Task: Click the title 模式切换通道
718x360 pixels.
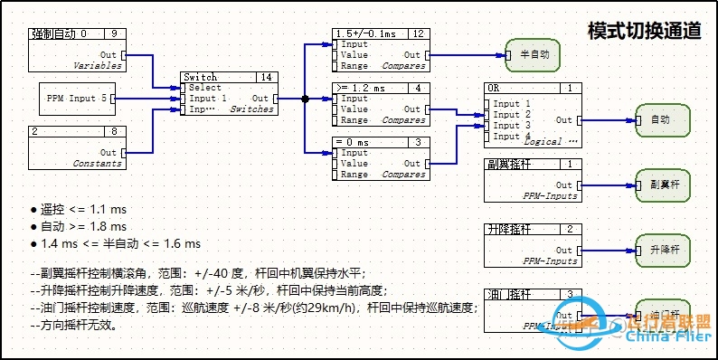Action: tap(644, 31)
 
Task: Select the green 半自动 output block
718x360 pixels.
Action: tap(534, 54)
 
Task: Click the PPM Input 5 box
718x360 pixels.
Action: tap(78, 98)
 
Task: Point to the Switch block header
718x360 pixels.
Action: tap(228, 78)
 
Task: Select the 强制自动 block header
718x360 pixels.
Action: tap(78, 33)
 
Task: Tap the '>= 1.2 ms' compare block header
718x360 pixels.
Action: tap(381, 88)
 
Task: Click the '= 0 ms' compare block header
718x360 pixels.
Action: tap(381, 142)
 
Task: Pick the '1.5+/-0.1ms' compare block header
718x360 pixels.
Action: tap(381, 33)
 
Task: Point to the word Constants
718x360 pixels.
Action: tap(98, 164)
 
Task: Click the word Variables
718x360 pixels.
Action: tap(98, 66)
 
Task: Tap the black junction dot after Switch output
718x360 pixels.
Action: tap(305, 98)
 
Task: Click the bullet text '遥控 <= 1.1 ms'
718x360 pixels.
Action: tap(77, 209)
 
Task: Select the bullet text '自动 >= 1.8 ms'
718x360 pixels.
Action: tap(77, 226)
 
